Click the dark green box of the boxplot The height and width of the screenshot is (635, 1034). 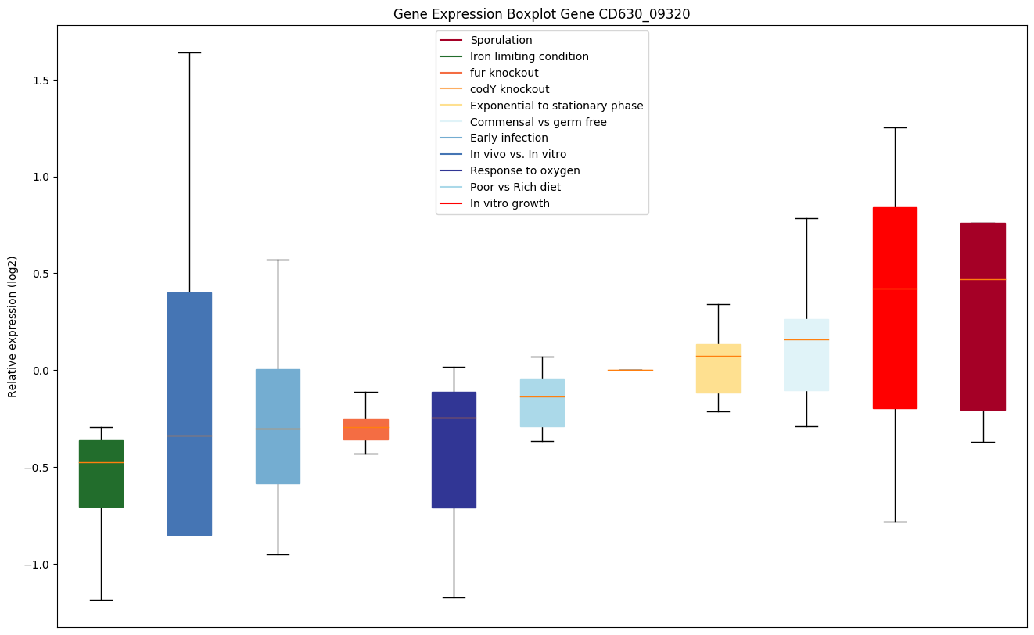[101, 473]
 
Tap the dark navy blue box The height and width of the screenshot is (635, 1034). [454, 450]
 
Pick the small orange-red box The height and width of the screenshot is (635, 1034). [365, 429]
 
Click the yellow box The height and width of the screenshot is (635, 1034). [718, 368]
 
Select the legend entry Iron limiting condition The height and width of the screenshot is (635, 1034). [529, 56]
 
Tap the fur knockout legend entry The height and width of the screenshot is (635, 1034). [504, 73]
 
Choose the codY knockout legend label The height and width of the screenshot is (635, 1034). [509, 89]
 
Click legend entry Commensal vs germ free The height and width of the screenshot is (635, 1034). [538, 122]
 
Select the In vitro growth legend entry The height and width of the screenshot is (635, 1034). [509, 203]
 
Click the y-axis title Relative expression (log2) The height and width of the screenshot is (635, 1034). [12, 326]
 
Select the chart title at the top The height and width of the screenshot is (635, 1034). [541, 14]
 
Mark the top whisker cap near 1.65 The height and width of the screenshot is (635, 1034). [189, 52]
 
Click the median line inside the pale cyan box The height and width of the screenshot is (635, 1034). [806, 339]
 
